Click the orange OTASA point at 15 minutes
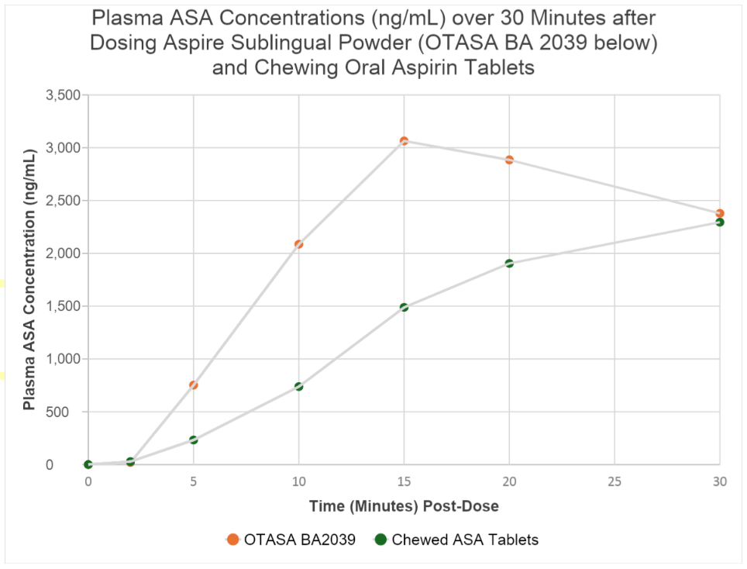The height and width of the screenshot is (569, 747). tap(404, 141)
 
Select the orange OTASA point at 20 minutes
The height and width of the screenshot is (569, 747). tap(509, 160)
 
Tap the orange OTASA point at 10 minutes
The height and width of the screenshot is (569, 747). tap(298, 244)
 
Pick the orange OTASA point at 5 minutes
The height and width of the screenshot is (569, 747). tap(194, 385)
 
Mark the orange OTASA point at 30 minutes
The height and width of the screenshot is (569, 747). tap(720, 213)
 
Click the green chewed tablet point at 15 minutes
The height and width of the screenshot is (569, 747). tap(404, 307)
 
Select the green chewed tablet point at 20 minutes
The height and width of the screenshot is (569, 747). tap(509, 263)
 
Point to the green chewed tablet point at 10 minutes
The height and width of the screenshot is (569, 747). tap(298, 386)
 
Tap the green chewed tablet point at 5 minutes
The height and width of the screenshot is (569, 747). tap(194, 440)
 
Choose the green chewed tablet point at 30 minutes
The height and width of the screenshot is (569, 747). tap(720, 222)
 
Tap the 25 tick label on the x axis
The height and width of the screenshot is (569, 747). tap(614, 481)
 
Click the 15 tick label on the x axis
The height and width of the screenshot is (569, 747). tap(404, 481)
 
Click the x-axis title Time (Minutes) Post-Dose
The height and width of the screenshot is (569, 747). tap(404, 506)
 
